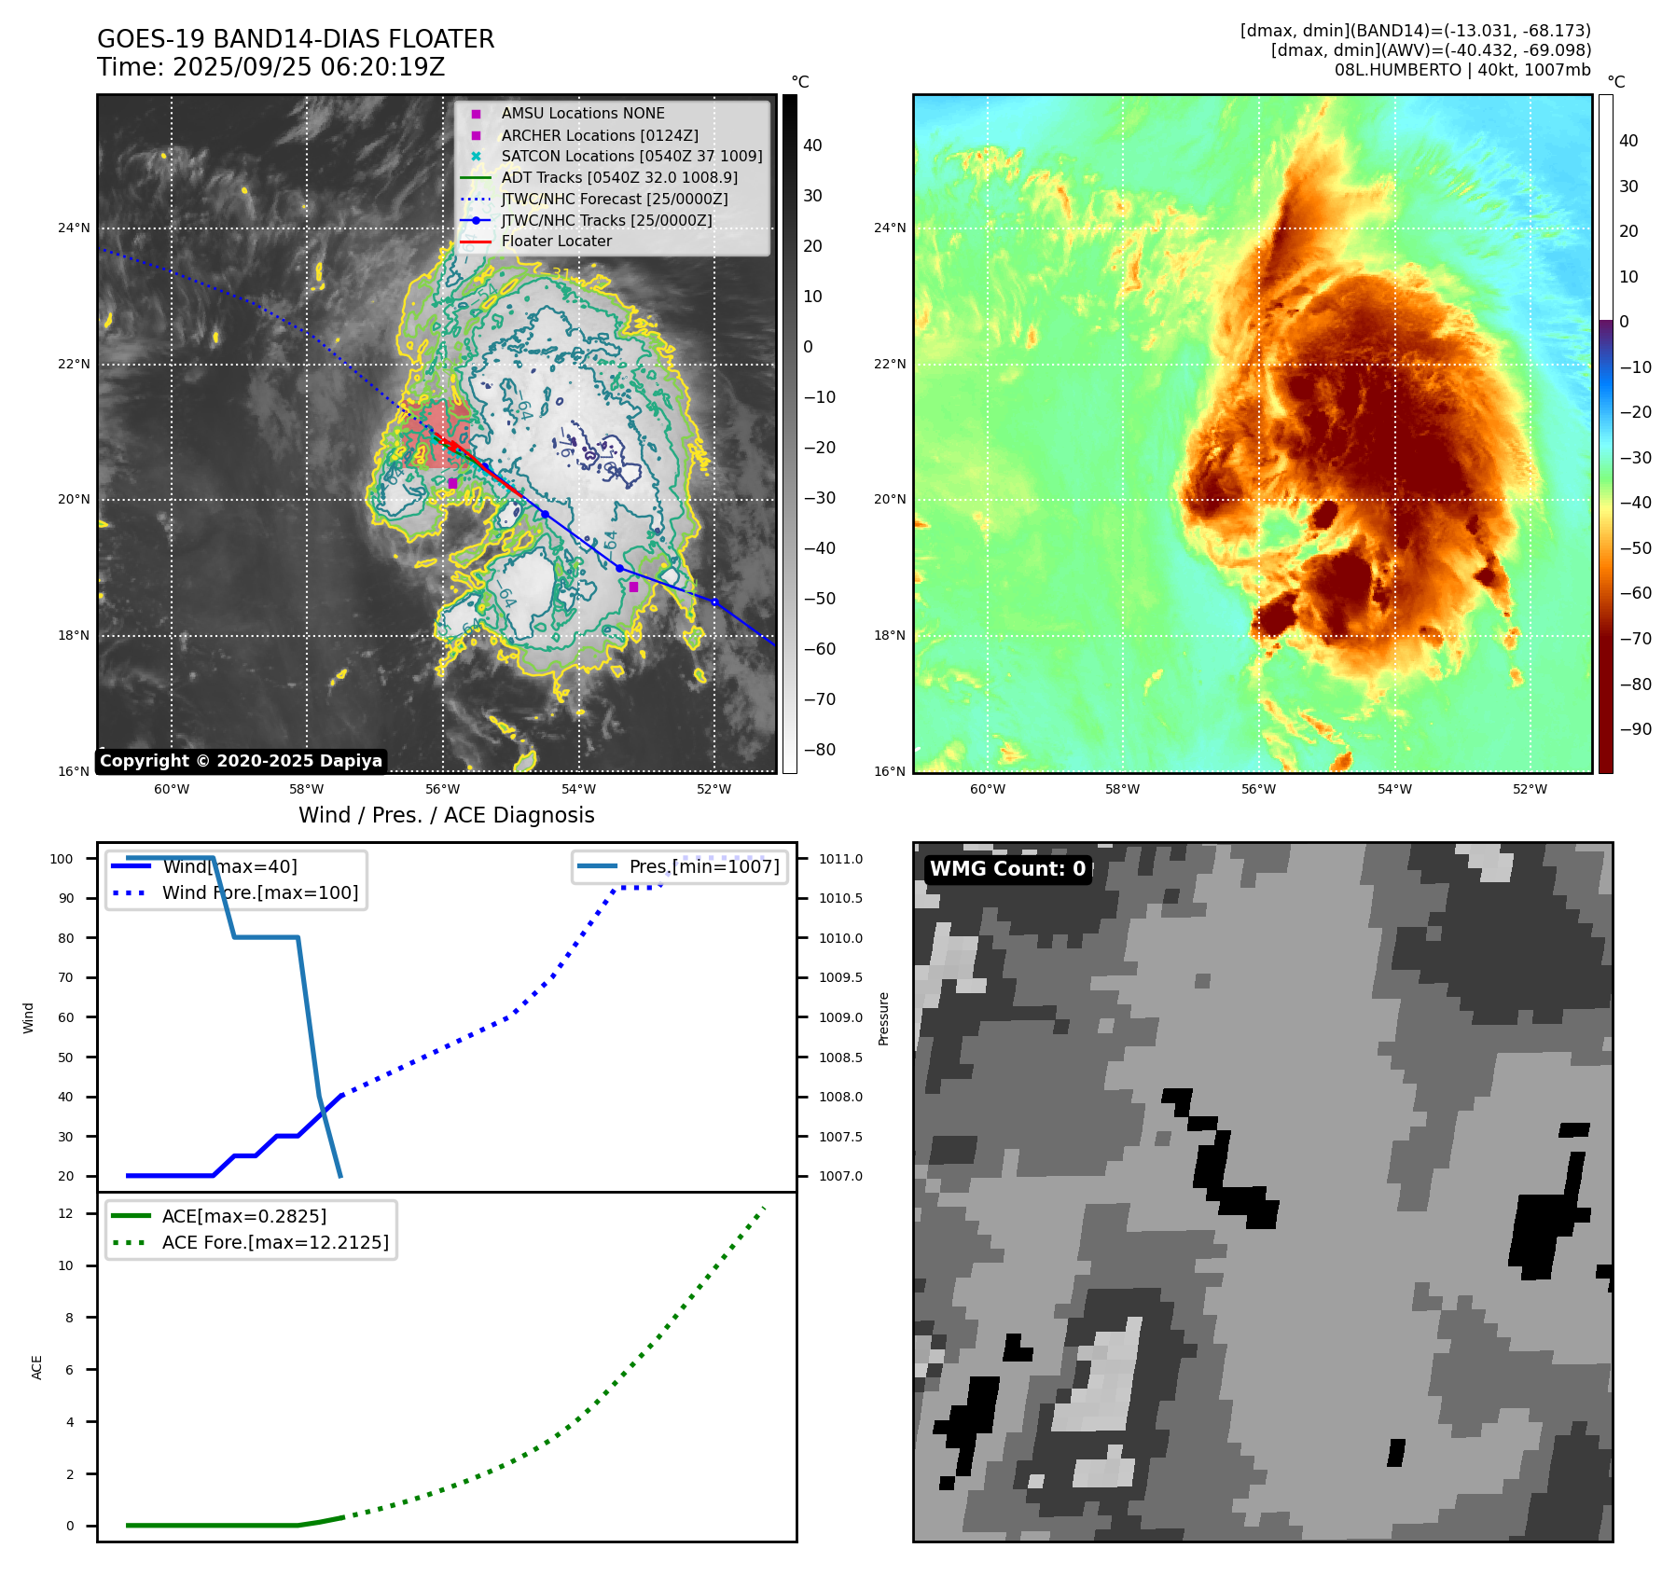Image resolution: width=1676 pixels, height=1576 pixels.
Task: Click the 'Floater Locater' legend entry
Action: tap(556, 242)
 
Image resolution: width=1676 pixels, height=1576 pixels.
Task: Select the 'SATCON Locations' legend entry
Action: tap(631, 157)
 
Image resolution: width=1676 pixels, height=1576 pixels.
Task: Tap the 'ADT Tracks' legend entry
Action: tap(619, 178)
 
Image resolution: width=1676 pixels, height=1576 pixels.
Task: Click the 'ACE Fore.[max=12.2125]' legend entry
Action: tap(275, 1242)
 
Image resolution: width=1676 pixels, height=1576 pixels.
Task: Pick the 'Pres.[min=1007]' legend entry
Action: tap(703, 866)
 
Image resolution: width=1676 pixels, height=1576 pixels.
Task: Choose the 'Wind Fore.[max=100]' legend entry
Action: tap(260, 892)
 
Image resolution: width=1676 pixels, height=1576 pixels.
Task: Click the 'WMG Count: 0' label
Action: tap(1007, 869)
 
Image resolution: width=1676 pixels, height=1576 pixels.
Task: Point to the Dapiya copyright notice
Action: tap(241, 761)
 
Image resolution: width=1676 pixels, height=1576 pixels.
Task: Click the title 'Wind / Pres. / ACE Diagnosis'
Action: tap(446, 815)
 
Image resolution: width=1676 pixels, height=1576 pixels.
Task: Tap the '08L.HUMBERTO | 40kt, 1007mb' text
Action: tap(1461, 70)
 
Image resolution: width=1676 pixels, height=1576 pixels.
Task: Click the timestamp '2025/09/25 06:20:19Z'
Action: tap(309, 67)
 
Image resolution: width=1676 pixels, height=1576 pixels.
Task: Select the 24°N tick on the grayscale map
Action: tap(75, 228)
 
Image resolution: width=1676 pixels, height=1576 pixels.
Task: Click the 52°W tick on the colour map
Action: tap(1530, 789)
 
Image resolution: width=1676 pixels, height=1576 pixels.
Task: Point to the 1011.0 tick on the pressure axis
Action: tap(840, 859)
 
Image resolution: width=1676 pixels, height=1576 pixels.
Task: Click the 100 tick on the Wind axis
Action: tap(62, 859)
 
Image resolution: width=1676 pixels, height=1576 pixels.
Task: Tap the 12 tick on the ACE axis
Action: tap(65, 1213)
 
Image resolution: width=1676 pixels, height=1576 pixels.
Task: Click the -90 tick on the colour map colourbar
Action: tap(1635, 729)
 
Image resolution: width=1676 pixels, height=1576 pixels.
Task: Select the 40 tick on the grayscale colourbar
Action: tap(812, 145)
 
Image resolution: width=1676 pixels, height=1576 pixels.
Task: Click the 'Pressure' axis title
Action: tap(883, 1018)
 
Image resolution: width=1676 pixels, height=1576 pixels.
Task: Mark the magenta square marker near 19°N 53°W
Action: tap(633, 587)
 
